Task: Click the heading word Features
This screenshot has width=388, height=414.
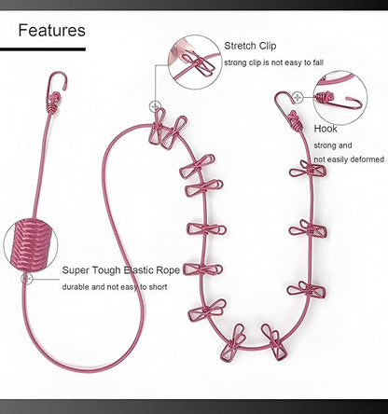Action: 51,31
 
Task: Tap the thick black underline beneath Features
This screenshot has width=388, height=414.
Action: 43,49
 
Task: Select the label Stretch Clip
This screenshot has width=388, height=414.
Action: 250,46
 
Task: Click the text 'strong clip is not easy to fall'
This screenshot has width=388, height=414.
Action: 274,62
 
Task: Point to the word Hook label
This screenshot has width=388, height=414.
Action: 326,129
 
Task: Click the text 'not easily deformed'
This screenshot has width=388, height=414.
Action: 349,159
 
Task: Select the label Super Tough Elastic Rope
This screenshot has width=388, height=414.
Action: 121,270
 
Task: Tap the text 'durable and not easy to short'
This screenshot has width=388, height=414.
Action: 115,287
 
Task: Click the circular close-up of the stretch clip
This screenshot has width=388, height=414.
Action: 195,62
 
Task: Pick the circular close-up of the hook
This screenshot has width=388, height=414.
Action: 340,98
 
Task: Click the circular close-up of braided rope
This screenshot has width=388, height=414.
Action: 31,244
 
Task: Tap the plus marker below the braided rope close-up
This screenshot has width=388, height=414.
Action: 27,279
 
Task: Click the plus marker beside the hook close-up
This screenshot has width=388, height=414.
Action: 298,98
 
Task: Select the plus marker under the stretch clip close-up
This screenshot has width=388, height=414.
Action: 155,106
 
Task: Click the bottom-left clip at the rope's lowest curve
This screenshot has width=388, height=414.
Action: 233,343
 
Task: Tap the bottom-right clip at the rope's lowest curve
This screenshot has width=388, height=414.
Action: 274,342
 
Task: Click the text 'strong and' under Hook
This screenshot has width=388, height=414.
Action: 333,145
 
